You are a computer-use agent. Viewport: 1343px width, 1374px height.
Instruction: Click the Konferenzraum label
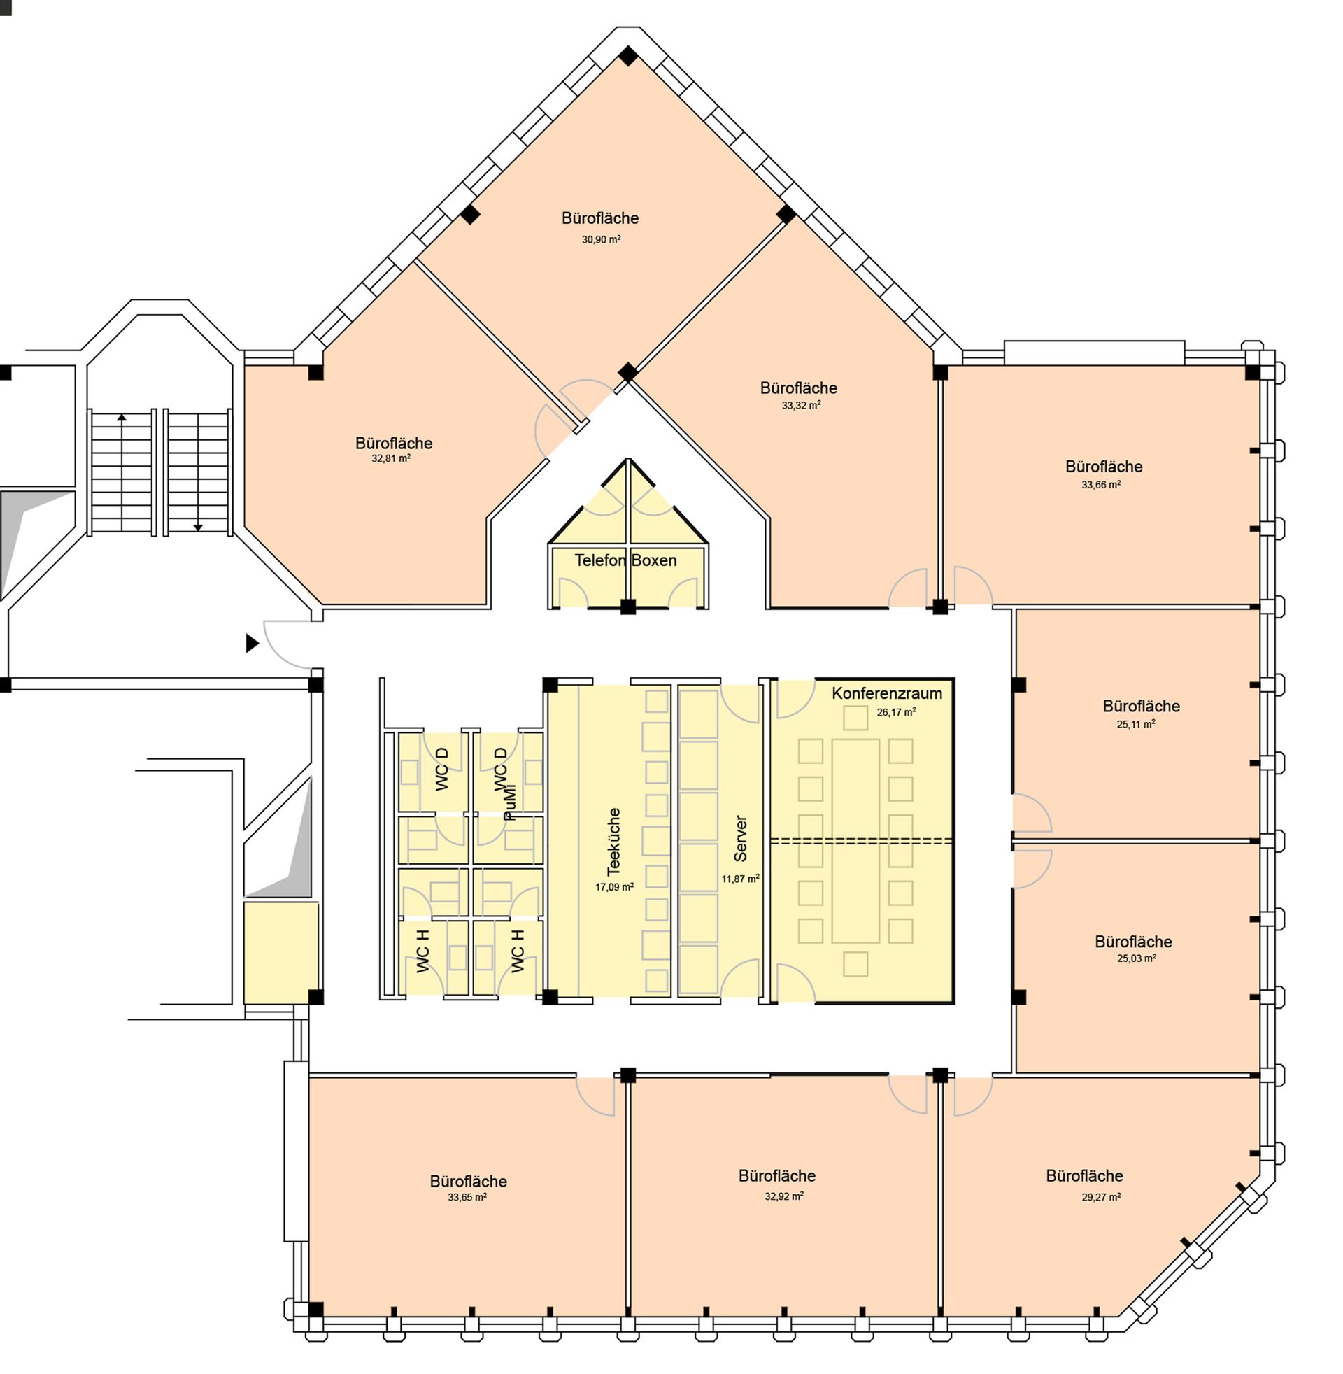(x=887, y=693)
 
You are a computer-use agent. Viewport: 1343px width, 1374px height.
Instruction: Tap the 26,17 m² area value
(x=897, y=712)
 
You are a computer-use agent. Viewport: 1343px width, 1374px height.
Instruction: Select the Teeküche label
(x=614, y=842)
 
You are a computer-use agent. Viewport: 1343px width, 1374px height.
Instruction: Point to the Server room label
(x=741, y=839)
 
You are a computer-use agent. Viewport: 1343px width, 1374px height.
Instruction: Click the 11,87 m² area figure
(x=740, y=879)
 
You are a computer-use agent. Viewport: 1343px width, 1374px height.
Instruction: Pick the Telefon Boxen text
(x=625, y=560)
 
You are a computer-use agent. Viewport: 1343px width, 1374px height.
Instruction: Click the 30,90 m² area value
(x=601, y=239)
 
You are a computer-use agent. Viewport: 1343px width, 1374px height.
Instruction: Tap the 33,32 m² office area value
(x=801, y=406)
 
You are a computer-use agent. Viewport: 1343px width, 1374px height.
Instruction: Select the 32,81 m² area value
(x=391, y=458)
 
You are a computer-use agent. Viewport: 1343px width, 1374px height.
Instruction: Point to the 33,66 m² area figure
(x=1101, y=485)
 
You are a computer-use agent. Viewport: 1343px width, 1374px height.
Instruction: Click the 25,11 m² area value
(x=1136, y=723)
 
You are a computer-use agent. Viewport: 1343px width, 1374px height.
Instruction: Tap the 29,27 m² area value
(x=1101, y=1197)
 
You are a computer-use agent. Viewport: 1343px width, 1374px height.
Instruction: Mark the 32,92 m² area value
(x=784, y=1196)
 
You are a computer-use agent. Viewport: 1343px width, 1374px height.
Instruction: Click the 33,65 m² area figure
(x=467, y=1197)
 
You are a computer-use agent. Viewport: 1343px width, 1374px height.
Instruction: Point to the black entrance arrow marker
(x=252, y=643)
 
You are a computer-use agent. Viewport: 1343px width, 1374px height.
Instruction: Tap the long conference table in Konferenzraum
(x=855, y=841)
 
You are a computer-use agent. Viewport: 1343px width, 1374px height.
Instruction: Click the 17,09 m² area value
(x=614, y=887)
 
